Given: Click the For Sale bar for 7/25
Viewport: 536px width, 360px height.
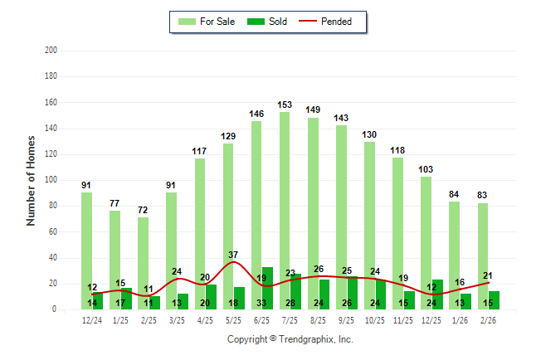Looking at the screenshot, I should pos(285,207).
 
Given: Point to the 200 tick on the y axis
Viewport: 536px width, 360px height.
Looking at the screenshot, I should pos(51,51).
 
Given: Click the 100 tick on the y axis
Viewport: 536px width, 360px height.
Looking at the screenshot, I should pos(51,180).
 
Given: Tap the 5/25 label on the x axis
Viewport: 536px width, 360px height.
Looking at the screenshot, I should pos(233,320).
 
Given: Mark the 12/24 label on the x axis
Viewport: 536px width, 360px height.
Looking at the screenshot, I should pos(92,320).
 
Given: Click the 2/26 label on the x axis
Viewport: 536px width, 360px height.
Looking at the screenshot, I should pos(488,320).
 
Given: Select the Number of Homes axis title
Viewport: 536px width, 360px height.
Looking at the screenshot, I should pos(31,180).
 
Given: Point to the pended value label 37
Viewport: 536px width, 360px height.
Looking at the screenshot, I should pos(233,254).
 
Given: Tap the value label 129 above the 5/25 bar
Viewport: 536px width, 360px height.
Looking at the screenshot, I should pos(228,136).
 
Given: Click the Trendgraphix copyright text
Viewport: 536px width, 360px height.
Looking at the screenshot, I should pos(290,339).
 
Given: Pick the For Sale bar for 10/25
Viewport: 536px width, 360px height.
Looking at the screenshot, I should pos(369,224).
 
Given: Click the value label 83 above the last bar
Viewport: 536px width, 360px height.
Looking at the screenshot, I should pos(483,195).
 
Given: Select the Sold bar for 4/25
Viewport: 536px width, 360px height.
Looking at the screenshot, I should pos(212,296).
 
